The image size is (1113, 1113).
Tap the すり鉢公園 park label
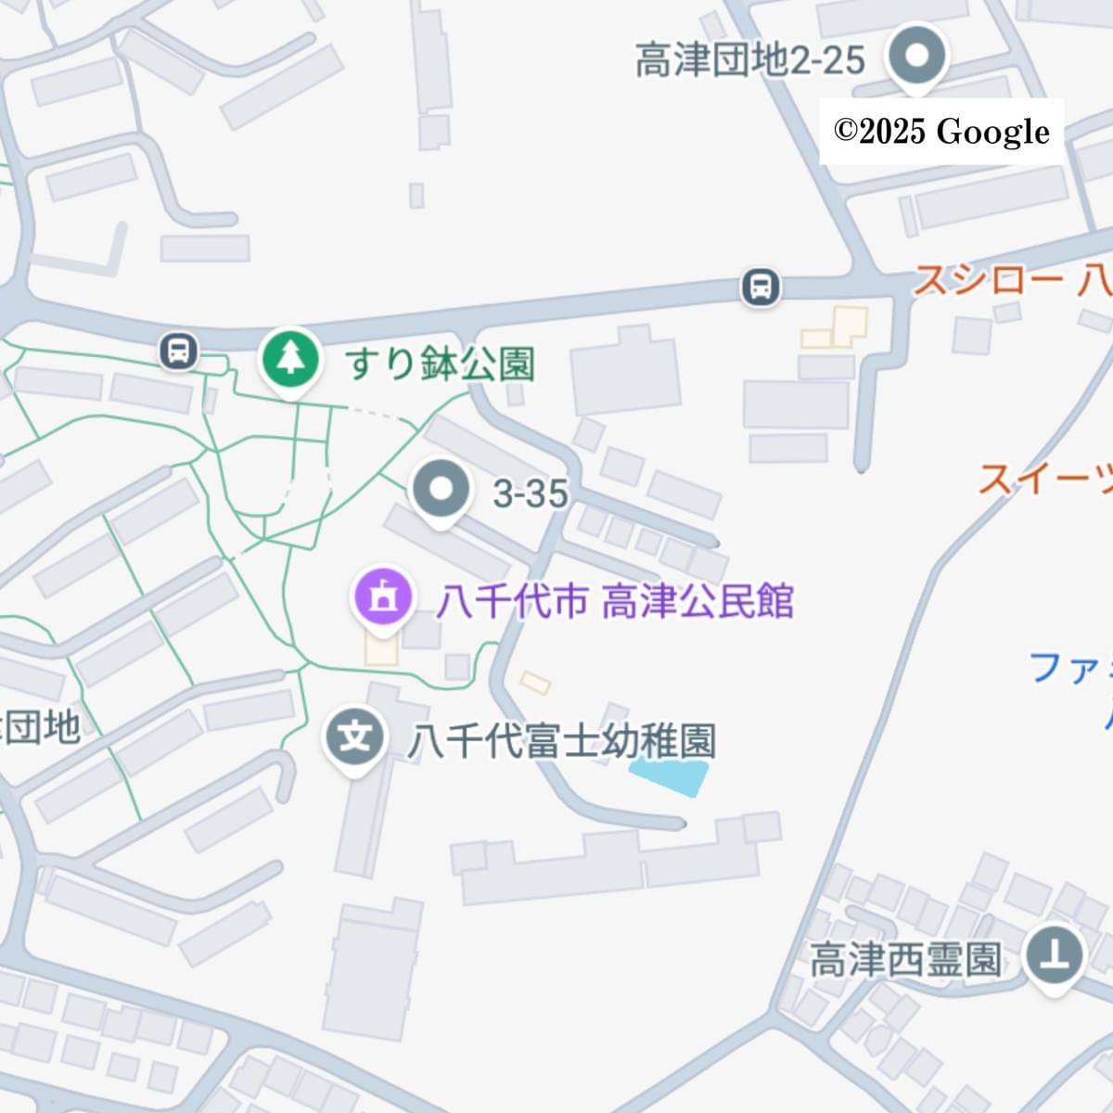click(x=441, y=365)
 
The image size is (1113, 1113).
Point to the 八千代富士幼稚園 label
click(x=562, y=742)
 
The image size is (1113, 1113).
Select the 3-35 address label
click(x=530, y=494)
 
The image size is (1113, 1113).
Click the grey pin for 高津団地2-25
click(x=916, y=56)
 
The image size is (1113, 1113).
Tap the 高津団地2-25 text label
click(x=749, y=61)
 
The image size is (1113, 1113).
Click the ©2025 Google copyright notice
click(x=940, y=132)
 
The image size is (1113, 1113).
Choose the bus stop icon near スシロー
click(x=761, y=287)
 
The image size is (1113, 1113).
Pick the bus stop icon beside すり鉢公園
click(x=179, y=352)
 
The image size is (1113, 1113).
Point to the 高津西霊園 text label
click(x=906, y=960)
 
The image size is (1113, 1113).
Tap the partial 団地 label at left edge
click(x=41, y=728)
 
